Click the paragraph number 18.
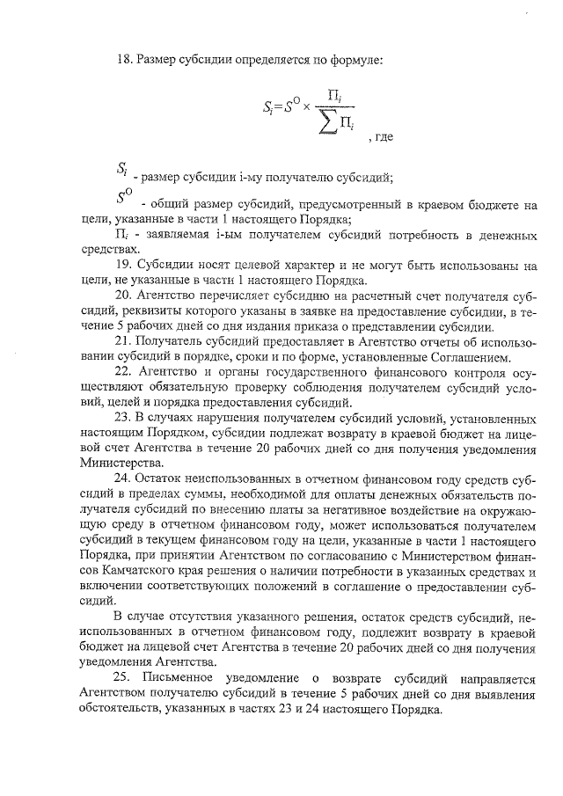click(123, 60)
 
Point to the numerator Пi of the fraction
click(335, 94)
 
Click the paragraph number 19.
click(123, 265)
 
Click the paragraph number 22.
click(123, 376)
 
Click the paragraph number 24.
click(123, 478)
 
